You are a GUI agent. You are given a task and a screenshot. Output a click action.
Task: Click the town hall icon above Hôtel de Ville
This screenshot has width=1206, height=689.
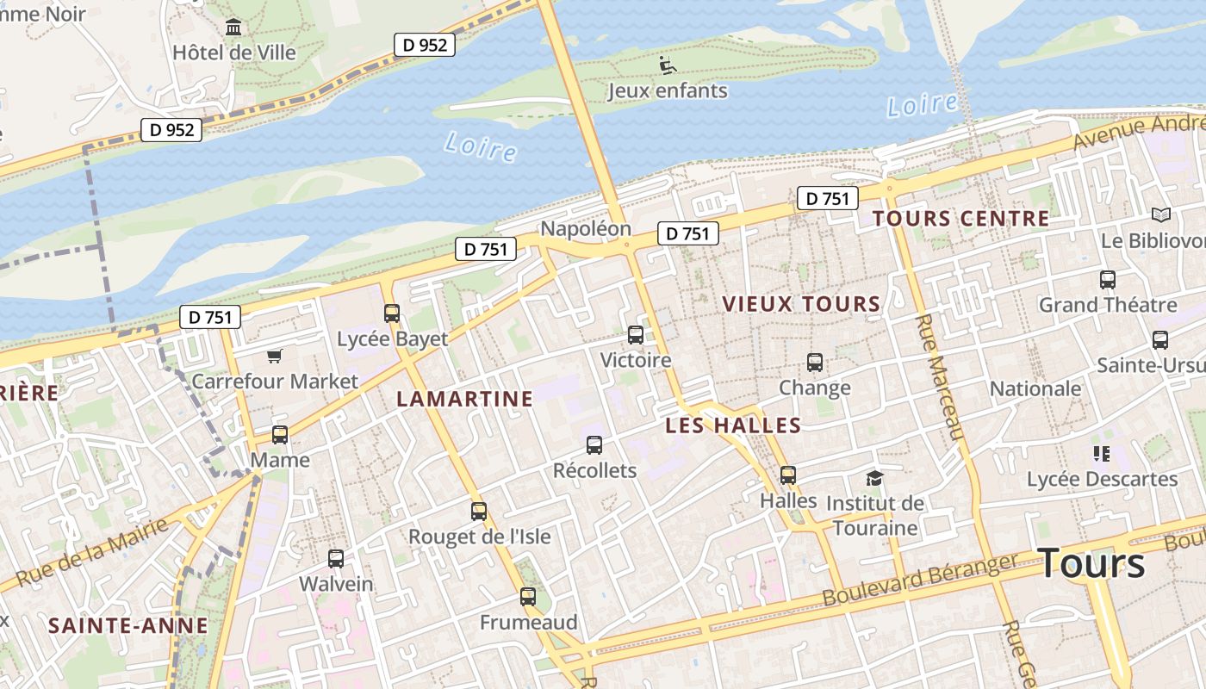(233, 28)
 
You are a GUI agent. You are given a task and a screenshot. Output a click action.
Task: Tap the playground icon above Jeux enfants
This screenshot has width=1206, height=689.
(668, 65)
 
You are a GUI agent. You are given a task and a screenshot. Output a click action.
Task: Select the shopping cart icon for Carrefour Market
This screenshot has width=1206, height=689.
(275, 356)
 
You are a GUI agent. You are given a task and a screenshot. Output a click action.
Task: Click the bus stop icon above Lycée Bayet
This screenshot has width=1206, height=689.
(392, 313)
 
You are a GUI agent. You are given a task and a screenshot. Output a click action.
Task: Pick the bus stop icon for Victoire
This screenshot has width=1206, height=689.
(636, 335)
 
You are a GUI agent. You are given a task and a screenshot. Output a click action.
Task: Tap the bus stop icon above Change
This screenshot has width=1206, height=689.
(815, 363)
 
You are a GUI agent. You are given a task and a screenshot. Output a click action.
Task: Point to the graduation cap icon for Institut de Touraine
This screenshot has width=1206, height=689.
(875, 478)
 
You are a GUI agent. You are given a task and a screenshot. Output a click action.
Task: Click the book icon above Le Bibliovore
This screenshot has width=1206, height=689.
(1161, 215)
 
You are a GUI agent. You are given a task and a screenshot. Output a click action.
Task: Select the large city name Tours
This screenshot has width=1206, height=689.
(1091, 563)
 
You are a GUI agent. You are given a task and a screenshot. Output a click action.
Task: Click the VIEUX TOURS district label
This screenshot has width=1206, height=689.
(801, 304)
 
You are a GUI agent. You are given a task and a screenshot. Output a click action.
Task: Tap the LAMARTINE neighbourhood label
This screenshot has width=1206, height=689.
(464, 399)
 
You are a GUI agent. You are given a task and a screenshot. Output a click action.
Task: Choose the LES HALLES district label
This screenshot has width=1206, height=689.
(733, 425)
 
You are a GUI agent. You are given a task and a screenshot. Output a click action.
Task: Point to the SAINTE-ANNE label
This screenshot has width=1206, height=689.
(127, 625)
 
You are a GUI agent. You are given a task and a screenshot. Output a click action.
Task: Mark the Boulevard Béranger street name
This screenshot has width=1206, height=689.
(921, 580)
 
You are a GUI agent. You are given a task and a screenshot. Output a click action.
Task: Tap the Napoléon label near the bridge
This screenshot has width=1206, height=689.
(585, 229)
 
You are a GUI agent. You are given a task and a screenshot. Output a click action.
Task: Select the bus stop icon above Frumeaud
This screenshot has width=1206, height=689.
(528, 597)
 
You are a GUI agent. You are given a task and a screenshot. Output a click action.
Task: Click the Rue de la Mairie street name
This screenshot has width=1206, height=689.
(92, 551)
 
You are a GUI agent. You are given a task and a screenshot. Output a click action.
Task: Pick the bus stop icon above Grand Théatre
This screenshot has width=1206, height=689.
(1108, 280)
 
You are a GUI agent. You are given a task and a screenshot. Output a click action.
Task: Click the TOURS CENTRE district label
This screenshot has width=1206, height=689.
(960, 219)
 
